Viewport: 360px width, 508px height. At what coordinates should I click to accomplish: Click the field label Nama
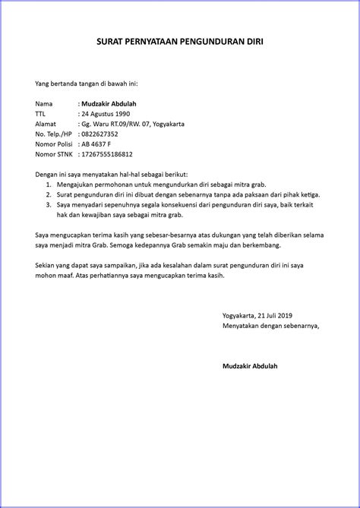(44, 103)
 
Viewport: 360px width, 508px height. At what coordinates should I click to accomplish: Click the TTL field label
(41, 113)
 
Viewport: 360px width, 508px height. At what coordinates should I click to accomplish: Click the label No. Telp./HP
(55, 134)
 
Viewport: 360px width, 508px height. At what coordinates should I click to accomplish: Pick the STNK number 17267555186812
(112, 154)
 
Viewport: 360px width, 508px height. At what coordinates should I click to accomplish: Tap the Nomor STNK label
(55, 154)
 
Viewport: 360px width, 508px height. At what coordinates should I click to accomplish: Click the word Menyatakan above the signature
(240, 325)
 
